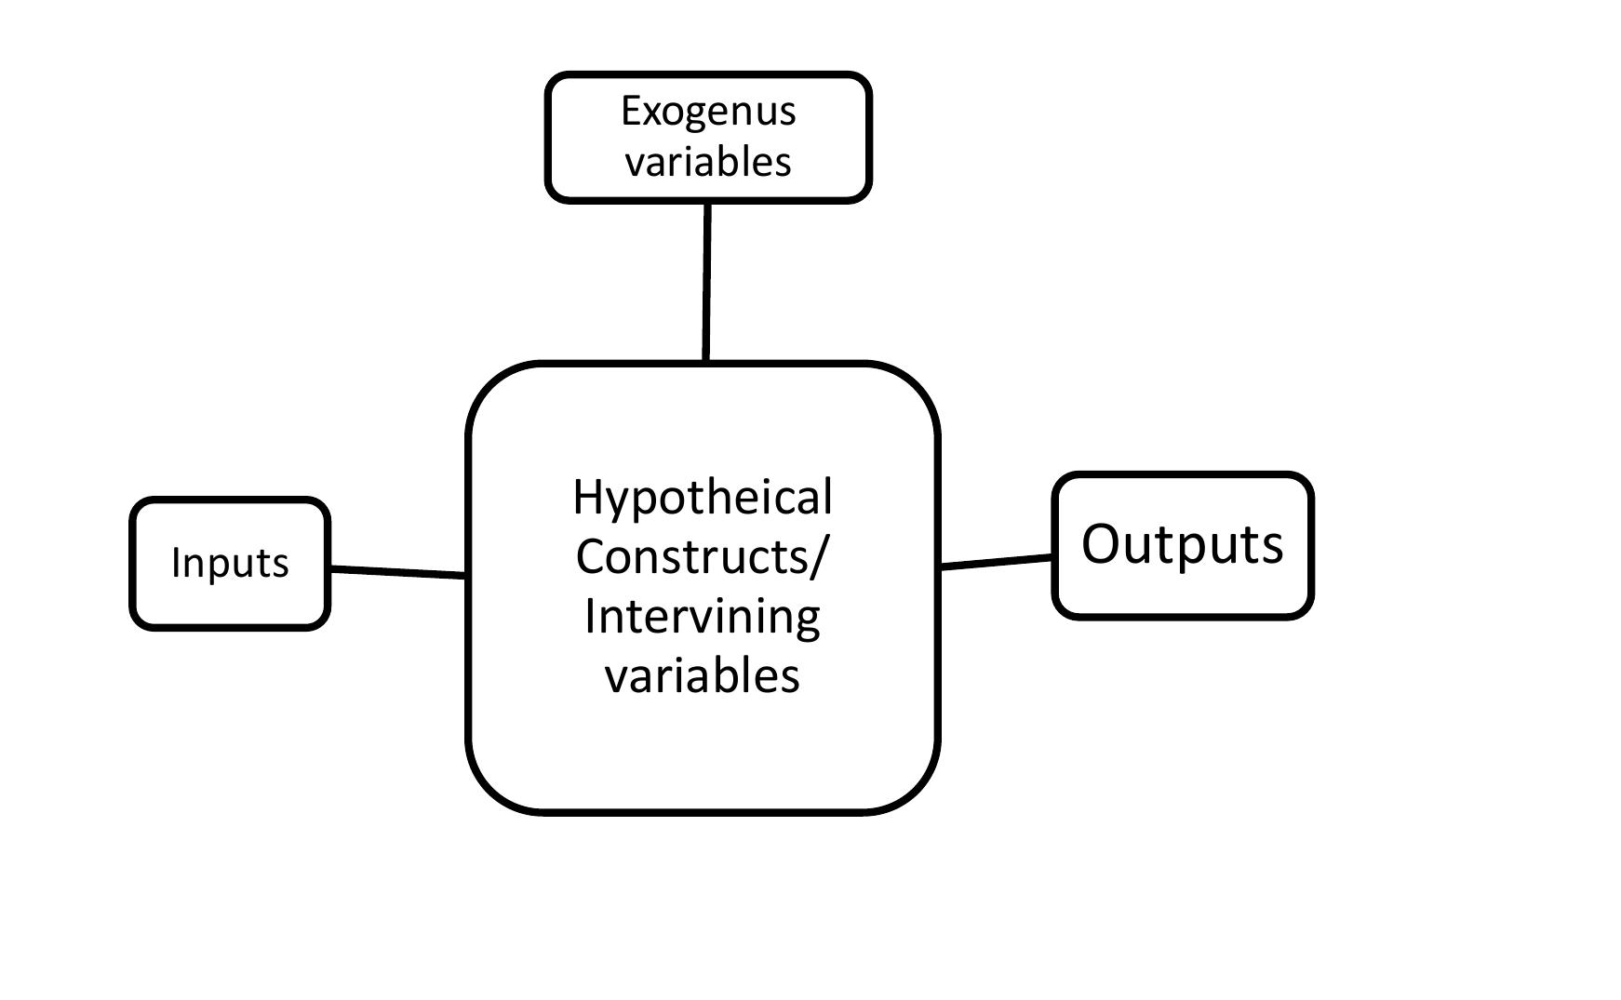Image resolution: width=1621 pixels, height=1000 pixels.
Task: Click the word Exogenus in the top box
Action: (x=708, y=112)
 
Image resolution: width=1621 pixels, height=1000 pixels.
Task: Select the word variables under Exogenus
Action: (x=708, y=162)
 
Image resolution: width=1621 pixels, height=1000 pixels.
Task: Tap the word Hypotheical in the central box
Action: (x=703, y=499)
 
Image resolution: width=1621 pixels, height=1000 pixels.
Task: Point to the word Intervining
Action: (x=703, y=616)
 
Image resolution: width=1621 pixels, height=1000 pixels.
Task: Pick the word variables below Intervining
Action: (x=703, y=675)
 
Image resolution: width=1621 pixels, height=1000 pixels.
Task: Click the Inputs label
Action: (x=230, y=563)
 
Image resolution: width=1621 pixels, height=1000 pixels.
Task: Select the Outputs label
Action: (x=1182, y=544)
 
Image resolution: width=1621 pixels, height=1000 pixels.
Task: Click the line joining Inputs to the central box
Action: (x=398, y=572)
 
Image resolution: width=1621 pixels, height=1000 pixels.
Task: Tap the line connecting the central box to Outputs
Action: (x=996, y=561)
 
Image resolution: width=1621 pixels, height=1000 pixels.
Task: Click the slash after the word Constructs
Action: (x=818, y=556)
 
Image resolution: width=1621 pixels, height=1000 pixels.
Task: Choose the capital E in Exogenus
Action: (x=631, y=112)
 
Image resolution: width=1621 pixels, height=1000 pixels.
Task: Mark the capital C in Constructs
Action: (x=590, y=556)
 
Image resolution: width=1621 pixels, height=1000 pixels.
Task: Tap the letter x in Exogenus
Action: (x=651, y=114)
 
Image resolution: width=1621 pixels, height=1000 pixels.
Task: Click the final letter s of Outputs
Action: (x=1272, y=547)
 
